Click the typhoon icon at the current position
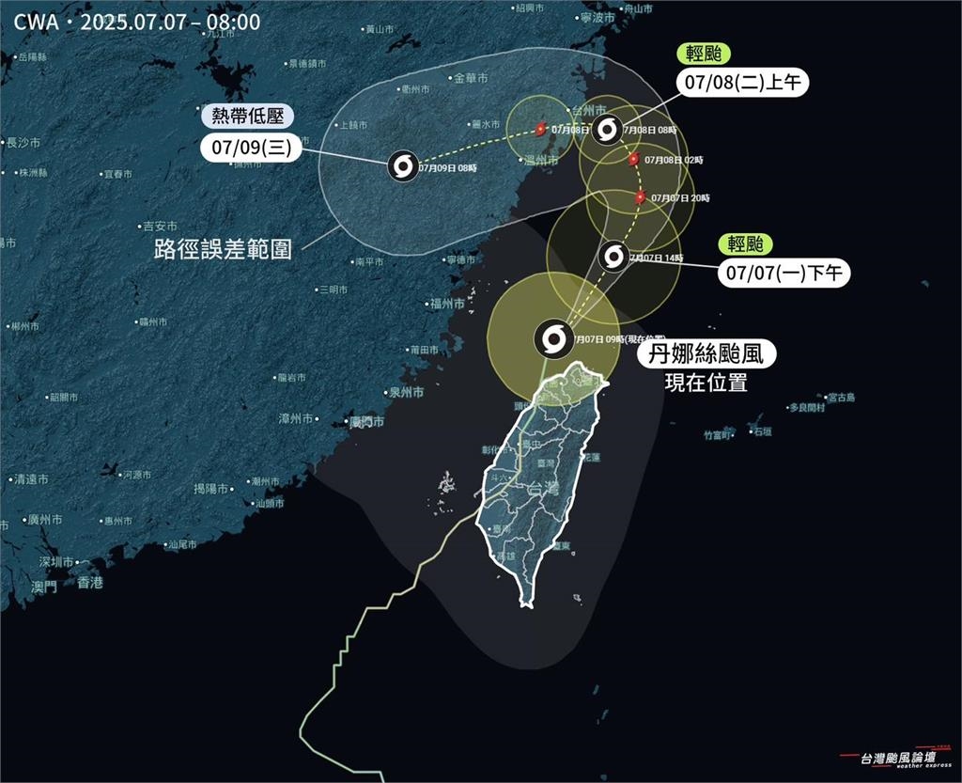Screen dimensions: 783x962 [x=551, y=338]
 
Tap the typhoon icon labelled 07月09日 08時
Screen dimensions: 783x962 [x=403, y=166]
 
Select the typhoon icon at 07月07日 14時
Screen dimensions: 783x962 [x=613, y=256]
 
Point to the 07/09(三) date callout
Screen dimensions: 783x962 [x=246, y=147]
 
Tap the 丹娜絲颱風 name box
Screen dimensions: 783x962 [x=708, y=355]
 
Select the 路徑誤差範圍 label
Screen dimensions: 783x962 [x=223, y=250]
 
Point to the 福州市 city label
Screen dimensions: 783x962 [x=446, y=303]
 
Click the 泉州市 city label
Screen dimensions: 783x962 [x=406, y=392]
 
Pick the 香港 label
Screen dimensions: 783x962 [x=90, y=583]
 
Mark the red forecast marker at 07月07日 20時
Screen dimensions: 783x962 [x=640, y=197]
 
